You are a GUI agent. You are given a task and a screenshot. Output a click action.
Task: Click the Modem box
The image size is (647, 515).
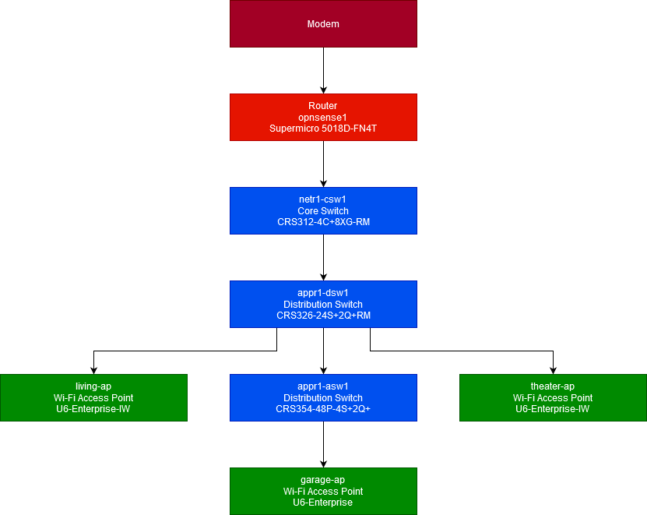pos(323,24)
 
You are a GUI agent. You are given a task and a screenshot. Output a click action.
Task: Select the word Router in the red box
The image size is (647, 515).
pos(323,106)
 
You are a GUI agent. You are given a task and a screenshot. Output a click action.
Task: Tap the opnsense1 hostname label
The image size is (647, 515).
pos(323,117)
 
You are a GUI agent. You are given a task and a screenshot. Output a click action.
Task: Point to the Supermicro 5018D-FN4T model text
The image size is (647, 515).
pos(323,128)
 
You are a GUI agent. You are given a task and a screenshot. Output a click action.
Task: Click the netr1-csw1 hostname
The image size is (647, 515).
pos(323,199)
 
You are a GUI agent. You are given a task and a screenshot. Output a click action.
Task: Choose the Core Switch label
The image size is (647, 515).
pos(323,210)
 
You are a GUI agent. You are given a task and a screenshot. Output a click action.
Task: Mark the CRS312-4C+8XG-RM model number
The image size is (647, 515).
pos(323,221)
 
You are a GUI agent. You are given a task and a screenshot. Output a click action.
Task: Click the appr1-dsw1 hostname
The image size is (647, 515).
pos(323,293)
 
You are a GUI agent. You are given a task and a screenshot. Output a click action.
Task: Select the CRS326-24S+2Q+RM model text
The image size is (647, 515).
pos(323,315)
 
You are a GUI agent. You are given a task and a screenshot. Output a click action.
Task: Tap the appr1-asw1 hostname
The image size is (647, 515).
pos(323,386)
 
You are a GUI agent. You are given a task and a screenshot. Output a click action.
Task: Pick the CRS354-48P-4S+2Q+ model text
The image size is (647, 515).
pos(323,408)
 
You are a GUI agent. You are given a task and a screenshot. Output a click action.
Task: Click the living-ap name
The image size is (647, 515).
pos(93,386)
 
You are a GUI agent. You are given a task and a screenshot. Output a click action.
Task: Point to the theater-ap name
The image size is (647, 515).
pos(553,386)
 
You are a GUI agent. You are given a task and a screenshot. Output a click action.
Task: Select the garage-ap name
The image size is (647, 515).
pos(323,480)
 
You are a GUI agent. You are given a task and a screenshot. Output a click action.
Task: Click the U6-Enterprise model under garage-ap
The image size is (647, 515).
pos(323,502)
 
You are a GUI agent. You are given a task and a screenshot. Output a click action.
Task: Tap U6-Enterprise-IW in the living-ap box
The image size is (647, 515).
pos(93,408)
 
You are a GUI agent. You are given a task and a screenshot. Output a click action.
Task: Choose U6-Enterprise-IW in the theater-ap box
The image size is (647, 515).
pos(553,408)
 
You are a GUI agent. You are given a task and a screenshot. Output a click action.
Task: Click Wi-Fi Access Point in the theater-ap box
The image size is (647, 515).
pos(553,397)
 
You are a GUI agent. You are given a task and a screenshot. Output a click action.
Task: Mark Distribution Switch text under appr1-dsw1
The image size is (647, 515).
pos(323,304)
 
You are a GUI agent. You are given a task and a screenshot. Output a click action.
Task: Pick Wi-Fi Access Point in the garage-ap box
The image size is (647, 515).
pos(323,491)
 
